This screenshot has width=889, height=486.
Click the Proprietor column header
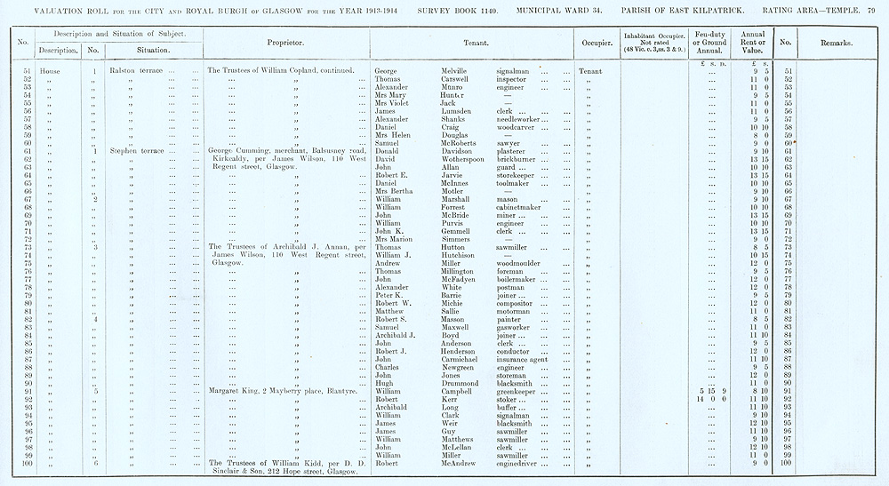(x=285, y=42)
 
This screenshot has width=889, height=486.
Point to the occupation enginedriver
(x=521, y=463)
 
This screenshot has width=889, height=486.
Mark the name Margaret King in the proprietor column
(x=234, y=391)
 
